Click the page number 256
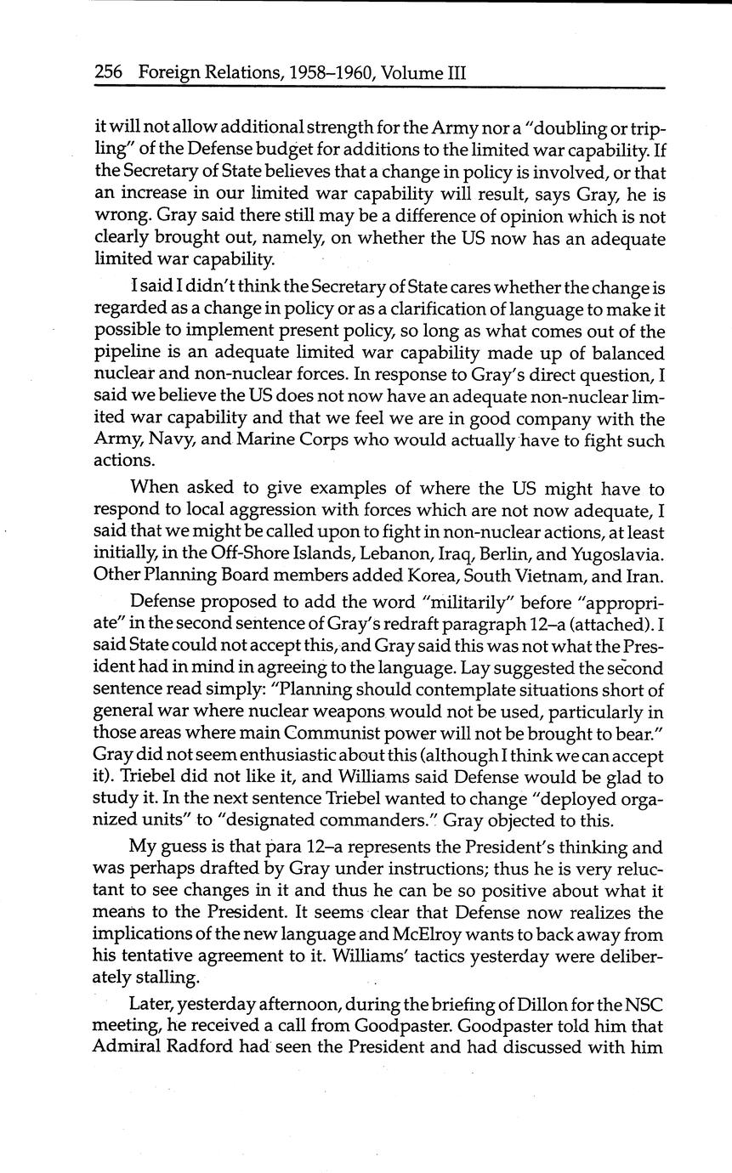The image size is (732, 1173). [109, 73]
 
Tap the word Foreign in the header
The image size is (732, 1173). [167, 73]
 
